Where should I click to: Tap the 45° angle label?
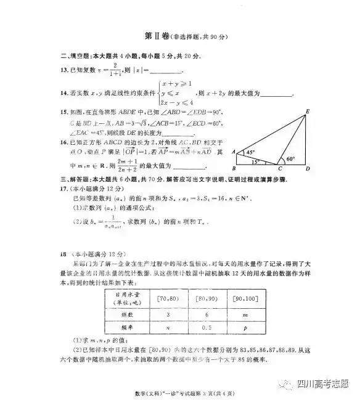pos(250,152)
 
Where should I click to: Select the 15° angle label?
pos(255,162)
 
